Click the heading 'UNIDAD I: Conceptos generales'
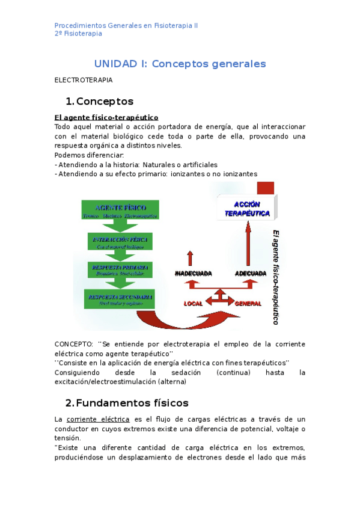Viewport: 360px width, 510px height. click(180, 64)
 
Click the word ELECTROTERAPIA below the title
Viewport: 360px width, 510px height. click(84, 79)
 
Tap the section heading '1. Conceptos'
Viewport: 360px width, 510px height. click(100, 101)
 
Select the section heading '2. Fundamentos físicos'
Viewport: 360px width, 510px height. click(127, 402)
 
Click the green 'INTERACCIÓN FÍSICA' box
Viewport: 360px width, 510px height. click(120, 242)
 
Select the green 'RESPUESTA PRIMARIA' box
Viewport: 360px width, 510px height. click(120, 269)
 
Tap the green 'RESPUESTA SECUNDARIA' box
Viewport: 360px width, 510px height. click(120, 300)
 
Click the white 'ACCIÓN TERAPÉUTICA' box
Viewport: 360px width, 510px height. click(247, 208)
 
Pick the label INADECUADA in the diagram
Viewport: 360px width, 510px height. click(193, 273)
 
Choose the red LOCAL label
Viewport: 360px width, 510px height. click(193, 304)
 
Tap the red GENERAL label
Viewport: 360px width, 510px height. click(248, 304)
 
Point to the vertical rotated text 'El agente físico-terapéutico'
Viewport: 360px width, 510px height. click(276, 277)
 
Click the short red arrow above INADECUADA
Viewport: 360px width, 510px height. click(191, 258)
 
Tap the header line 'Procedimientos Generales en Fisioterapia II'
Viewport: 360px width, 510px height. click(126, 26)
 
